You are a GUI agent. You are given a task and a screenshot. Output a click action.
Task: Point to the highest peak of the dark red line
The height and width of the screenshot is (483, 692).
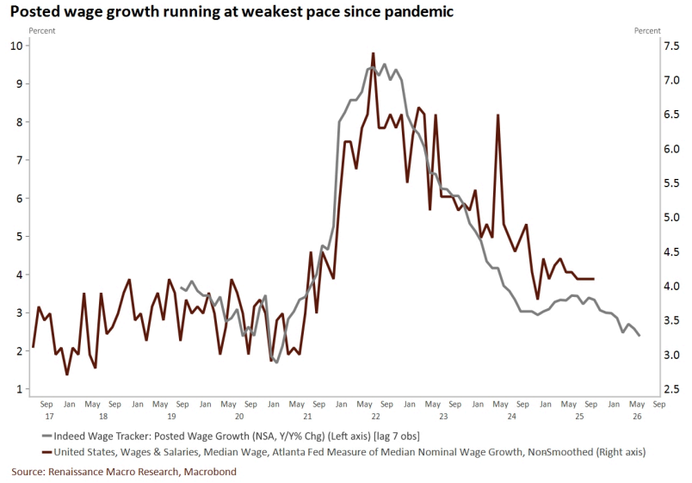[x=373, y=53]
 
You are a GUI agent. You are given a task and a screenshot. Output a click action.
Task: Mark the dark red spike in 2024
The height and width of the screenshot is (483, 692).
[x=497, y=115]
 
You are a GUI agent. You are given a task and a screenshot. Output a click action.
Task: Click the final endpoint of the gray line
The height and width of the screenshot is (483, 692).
[x=639, y=336]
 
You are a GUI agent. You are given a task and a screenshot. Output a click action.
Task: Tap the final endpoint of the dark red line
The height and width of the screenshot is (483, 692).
[x=594, y=279]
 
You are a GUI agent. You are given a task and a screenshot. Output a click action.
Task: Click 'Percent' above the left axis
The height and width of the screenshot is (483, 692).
[x=44, y=31]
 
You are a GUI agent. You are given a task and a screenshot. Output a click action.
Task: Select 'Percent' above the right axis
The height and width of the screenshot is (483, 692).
[x=647, y=31]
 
